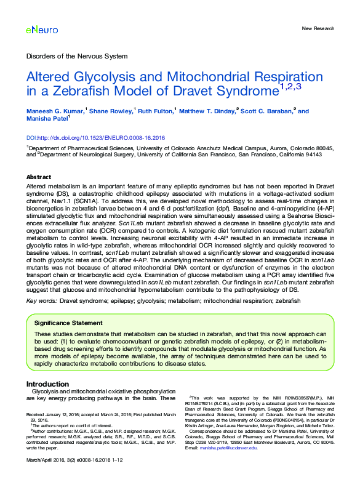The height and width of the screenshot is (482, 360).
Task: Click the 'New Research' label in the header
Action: [318, 29]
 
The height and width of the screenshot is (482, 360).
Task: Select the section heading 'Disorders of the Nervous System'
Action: [74, 56]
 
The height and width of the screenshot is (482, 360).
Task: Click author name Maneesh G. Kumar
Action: [54, 111]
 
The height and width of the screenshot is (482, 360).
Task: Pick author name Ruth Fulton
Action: [154, 111]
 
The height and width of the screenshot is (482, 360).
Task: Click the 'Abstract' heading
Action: [39, 177]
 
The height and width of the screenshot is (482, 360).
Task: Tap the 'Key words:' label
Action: [41, 301]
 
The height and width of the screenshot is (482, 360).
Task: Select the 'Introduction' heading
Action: [47, 384]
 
